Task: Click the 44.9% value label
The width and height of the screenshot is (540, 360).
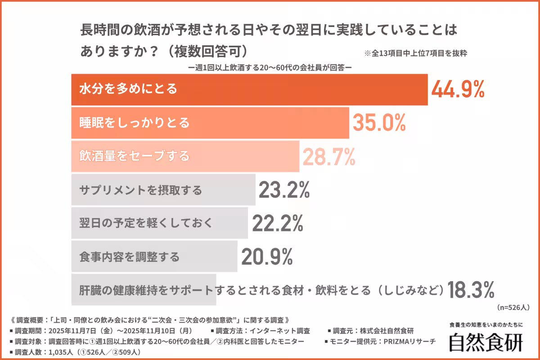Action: coord(458,89)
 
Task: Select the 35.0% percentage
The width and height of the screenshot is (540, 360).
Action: coord(379,123)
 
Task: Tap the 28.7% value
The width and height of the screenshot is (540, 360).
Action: coord(328,156)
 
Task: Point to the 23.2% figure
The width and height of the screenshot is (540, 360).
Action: coord(284,190)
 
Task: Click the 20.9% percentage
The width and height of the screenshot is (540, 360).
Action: coord(267,256)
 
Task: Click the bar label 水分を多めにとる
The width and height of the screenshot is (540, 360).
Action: coord(128,89)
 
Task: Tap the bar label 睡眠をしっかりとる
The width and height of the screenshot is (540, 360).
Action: coord(135,123)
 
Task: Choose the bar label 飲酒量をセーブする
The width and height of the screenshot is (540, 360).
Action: coord(135,156)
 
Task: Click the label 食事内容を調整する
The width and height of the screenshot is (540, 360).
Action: coord(130,256)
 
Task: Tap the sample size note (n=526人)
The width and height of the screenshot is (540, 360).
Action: coord(514,308)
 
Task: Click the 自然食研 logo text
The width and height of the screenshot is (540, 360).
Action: coord(486,342)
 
